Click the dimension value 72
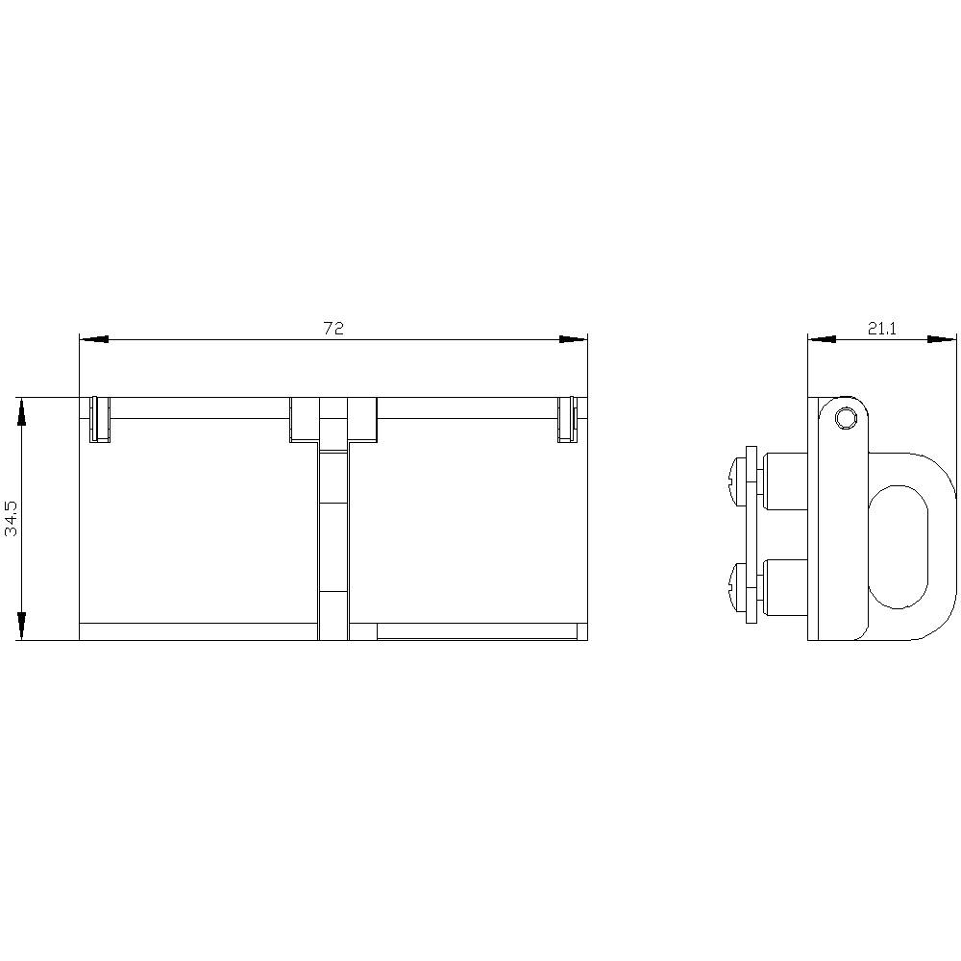333,328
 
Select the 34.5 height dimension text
12,519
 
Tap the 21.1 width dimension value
882,329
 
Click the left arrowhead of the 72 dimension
94,338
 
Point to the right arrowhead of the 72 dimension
573,338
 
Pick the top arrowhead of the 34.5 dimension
21,411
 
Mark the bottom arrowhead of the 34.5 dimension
21,626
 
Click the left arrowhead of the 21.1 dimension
822,338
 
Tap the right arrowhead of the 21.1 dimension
942,338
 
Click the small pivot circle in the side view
847,419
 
